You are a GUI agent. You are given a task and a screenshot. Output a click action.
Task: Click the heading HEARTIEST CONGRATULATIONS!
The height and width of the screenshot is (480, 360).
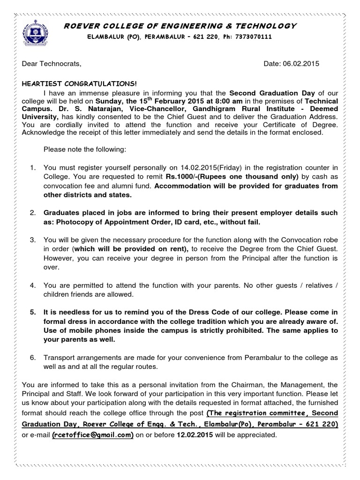(x=80, y=83)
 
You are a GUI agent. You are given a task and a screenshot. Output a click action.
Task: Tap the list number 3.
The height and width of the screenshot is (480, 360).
(x=33, y=240)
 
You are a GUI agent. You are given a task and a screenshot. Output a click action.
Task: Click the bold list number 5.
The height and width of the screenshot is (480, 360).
(x=33, y=312)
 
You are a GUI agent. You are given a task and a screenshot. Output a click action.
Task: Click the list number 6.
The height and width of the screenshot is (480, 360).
(x=33, y=357)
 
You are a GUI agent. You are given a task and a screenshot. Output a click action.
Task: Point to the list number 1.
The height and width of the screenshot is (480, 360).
(x=33, y=168)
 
